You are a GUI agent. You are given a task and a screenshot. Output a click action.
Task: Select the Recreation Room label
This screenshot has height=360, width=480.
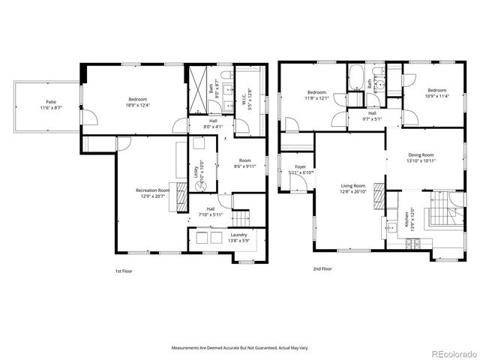(152, 193)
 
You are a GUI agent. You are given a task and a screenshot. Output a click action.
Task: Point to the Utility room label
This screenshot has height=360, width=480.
(197, 175)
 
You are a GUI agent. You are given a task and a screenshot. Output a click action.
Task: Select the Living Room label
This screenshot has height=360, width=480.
(352, 189)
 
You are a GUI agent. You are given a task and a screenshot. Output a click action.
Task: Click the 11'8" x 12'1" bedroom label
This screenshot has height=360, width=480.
(316, 94)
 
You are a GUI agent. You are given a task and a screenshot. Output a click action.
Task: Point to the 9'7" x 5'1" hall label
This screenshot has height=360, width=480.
(372, 116)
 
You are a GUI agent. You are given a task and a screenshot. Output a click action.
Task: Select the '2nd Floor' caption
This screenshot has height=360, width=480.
(322, 268)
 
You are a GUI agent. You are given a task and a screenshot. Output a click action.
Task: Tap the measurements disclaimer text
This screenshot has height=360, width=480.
(239, 348)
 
